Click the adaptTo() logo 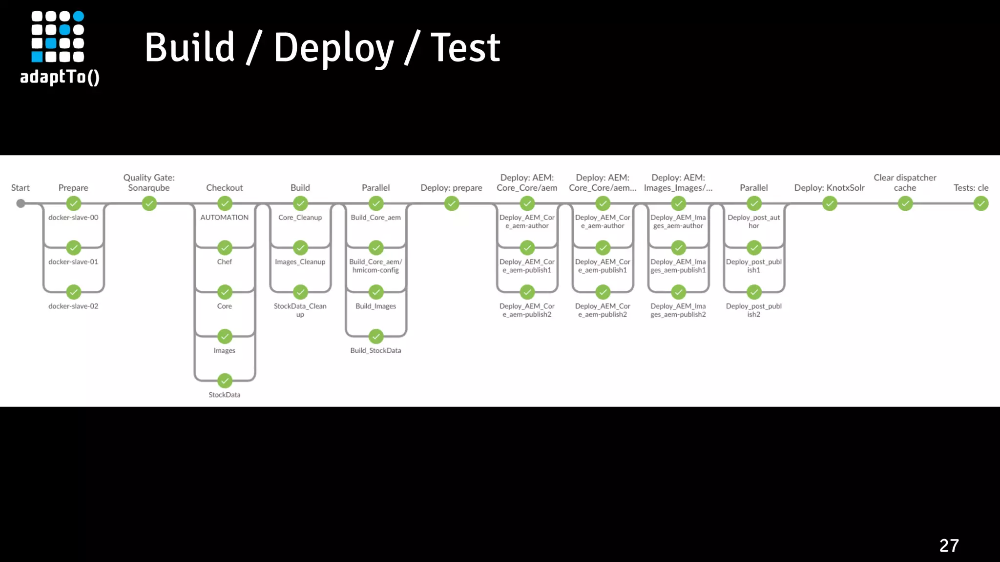[x=60, y=48]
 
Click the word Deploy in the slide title [x=333, y=48]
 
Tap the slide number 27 [x=949, y=545]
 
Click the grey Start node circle [x=21, y=203]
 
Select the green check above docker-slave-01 [x=74, y=248]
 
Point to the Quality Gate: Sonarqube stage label [x=149, y=182]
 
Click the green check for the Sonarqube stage [x=149, y=203]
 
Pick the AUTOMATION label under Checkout [x=224, y=218]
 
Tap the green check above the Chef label [x=225, y=248]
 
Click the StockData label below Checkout [x=224, y=395]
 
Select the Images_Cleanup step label [x=300, y=262]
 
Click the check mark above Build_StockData [x=376, y=337]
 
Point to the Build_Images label [x=375, y=306]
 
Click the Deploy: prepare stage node [x=452, y=203]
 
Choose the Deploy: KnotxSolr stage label [x=829, y=188]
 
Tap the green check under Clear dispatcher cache [x=905, y=203]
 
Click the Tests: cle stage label [x=971, y=188]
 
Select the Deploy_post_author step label [x=753, y=221]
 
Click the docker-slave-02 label [x=73, y=306]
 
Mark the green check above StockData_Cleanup [x=300, y=292]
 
